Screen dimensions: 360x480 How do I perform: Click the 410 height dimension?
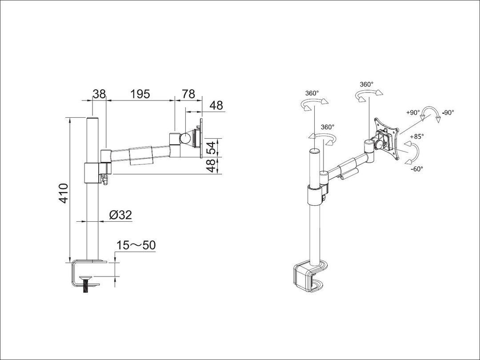(64, 193)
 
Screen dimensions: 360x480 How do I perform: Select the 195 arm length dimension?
(140, 94)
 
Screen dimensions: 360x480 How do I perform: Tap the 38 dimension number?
(99, 94)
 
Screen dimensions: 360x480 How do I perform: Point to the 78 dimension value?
(188, 94)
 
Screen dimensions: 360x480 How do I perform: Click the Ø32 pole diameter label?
(120, 215)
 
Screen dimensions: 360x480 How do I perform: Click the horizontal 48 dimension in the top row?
(216, 106)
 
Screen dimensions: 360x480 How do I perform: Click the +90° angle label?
(413, 113)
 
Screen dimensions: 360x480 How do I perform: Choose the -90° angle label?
(448, 113)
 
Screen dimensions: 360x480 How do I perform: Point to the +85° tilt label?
(417, 136)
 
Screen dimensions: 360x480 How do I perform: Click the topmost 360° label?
(367, 84)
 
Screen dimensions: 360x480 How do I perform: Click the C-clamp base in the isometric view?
(308, 278)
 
